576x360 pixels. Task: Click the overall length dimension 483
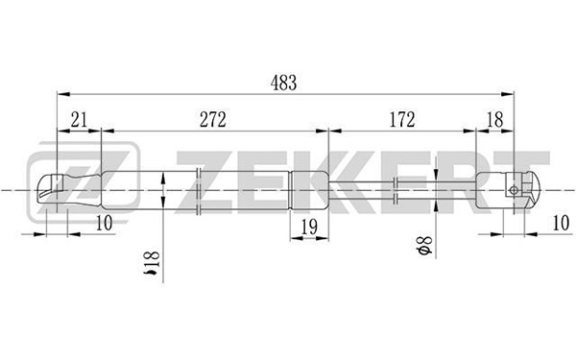point(283,83)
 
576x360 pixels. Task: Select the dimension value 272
point(213,119)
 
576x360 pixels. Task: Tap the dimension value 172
point(402,119)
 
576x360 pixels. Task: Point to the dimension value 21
point(79,119)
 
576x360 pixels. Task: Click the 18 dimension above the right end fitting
point(494,119)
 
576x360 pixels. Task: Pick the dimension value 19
point(309,228)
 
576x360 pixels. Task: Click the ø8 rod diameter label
point(424,246)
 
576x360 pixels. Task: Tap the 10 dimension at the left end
point(104,223)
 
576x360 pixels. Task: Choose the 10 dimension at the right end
point(561,223)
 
